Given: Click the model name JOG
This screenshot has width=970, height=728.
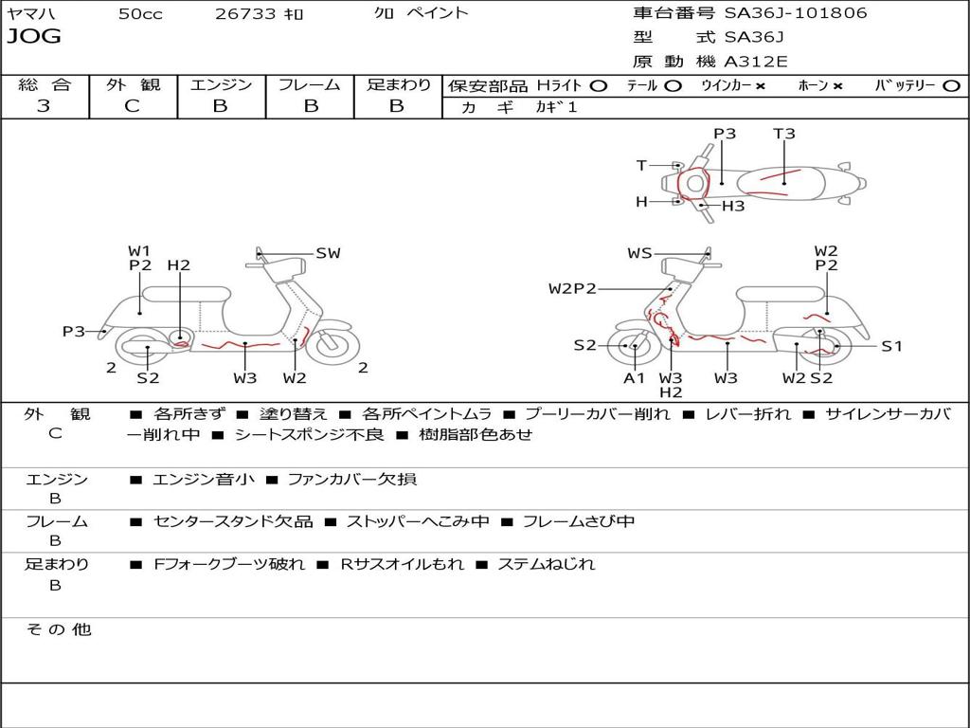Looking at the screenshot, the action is click(x=34, y=37).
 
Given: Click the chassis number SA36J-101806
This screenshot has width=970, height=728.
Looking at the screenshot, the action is click(x=796, y=12).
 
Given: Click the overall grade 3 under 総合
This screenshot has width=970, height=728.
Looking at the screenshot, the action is click(x=44, y=105).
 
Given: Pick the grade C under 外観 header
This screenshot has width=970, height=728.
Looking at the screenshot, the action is click(x=133, y=106).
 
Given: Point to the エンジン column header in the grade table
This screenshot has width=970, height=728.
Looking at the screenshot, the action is click(x=221, y=84).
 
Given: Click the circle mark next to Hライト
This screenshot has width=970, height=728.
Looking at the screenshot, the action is click(x=599, y=85).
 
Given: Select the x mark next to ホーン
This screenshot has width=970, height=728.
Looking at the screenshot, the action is click(x=837, y=86).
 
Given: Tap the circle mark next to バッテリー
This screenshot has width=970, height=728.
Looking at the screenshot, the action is click(x=951, y=85).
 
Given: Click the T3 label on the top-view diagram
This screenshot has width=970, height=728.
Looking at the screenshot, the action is click(x=783, y=133).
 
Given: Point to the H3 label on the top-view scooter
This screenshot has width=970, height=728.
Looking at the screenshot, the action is click(x=733, y=206).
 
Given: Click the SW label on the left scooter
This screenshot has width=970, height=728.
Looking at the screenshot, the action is click(x=328, y=252).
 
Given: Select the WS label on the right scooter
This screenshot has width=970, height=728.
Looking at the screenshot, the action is click(x=639, y=252).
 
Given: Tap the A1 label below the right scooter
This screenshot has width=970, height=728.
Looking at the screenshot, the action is click(x=634, y=377).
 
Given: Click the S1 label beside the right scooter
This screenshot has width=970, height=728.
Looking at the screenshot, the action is click(x=891, y=346).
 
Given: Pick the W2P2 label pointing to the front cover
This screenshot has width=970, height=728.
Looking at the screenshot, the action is click(x=572, y=288).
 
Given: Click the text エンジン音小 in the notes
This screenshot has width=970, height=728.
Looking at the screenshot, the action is click(x=203, y=479).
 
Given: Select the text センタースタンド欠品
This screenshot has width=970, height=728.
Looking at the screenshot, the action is click(x=233, y=521).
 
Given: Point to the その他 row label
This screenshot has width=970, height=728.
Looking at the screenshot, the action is click(x=59, y=629).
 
